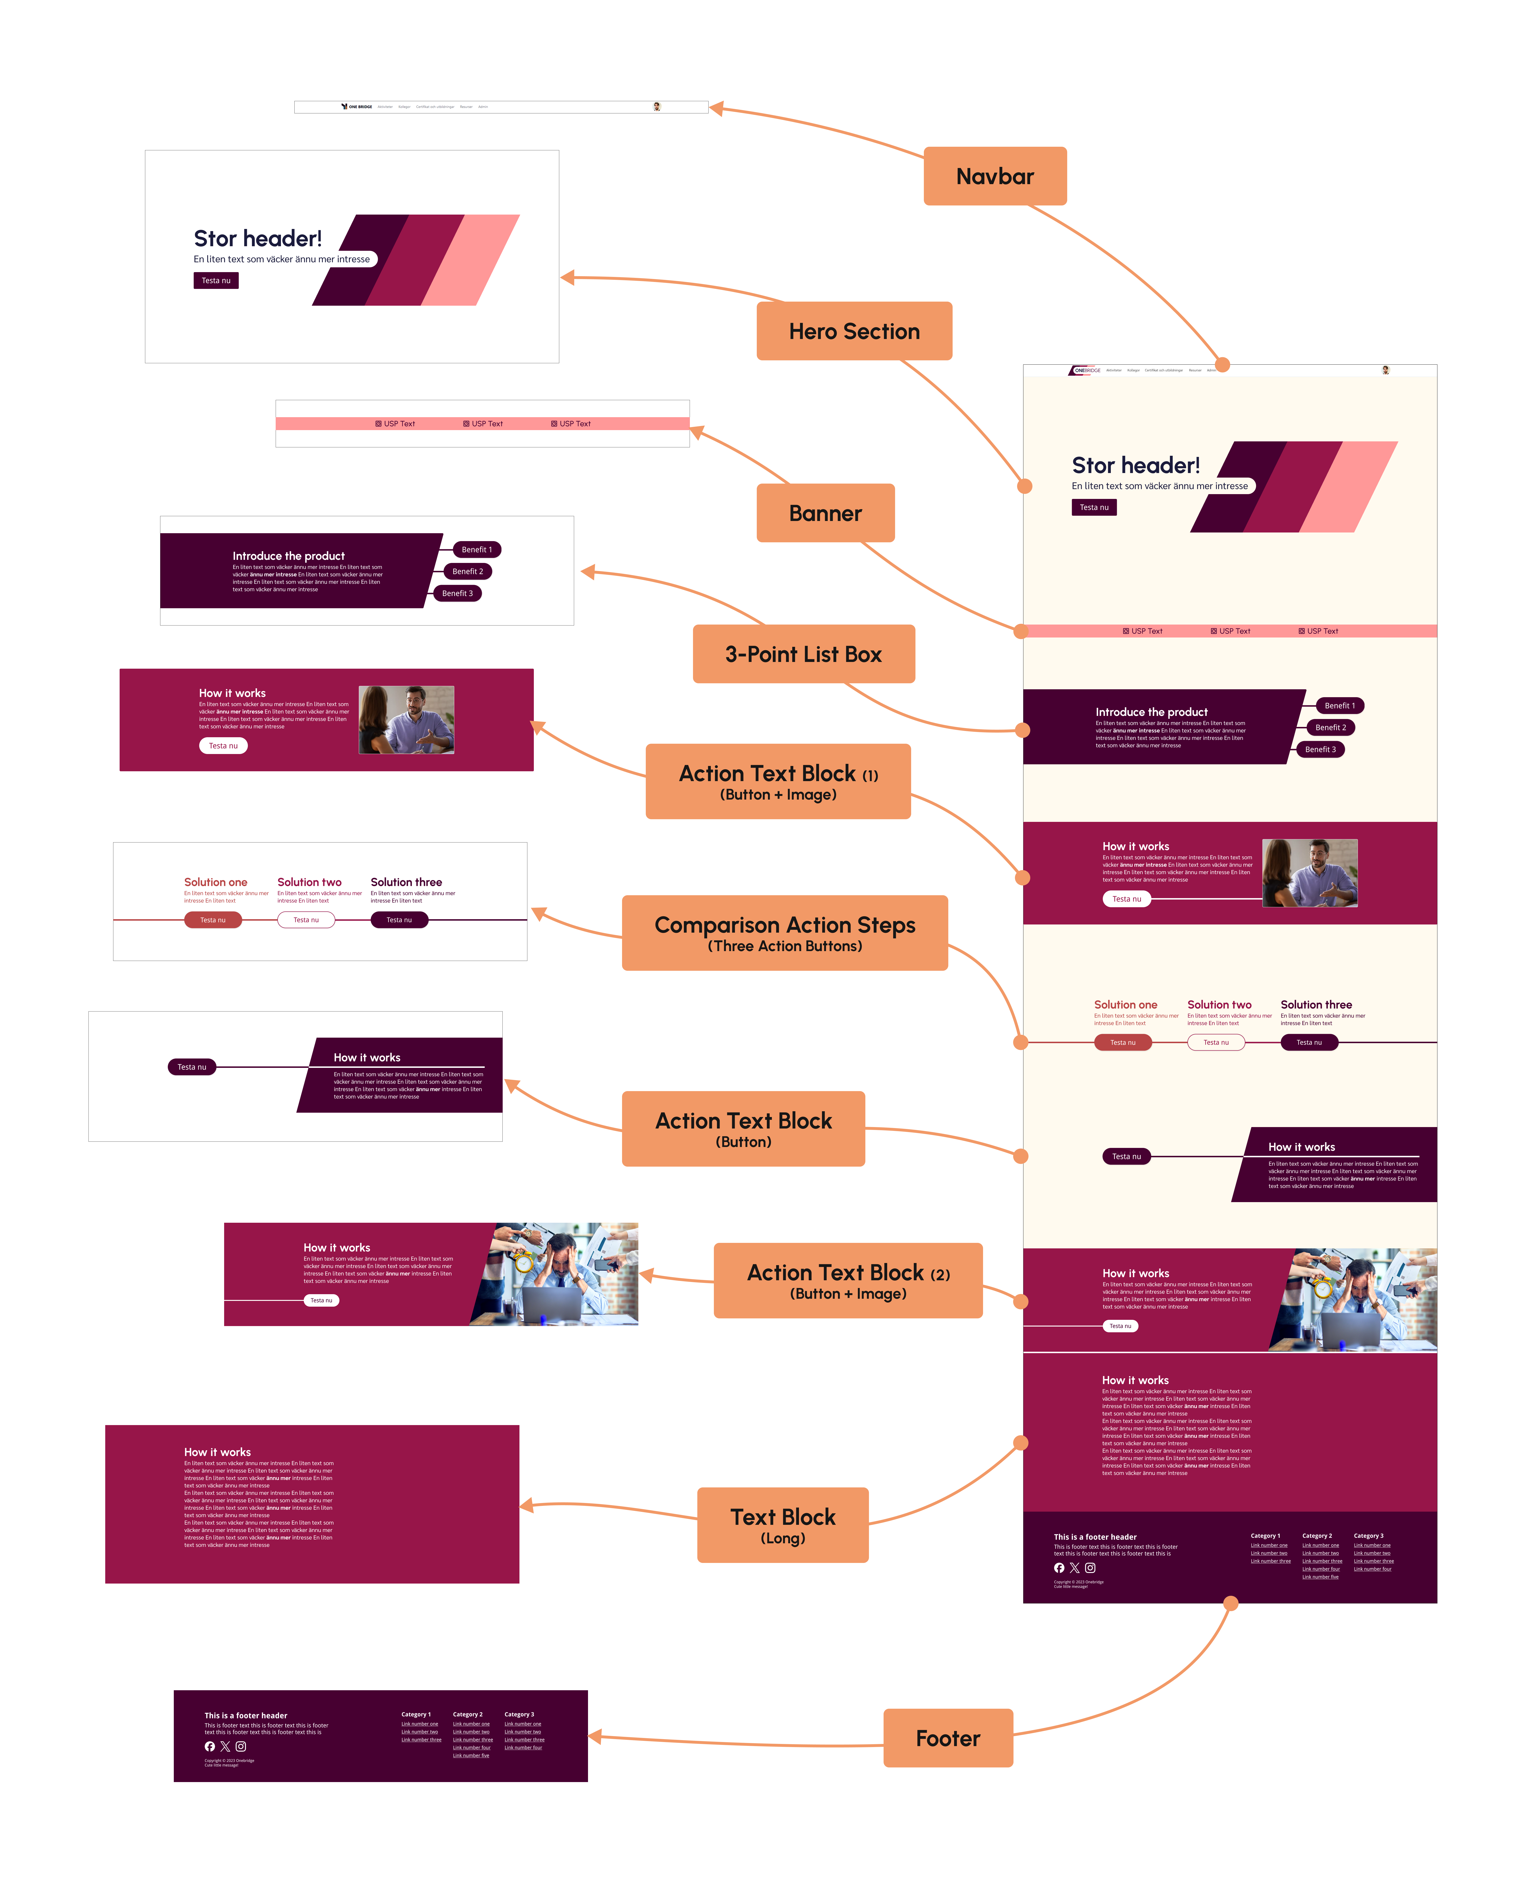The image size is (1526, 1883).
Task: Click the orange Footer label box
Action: pos(948,1738)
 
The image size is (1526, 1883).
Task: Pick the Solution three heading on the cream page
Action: pos(1316,1005)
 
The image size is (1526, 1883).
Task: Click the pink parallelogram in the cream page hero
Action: pos(1349,486)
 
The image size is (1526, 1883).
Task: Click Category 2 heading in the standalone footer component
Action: pos(468,1714)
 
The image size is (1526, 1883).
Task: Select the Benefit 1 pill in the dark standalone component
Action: pos(477,550)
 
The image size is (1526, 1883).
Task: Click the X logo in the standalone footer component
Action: pos(225,1747)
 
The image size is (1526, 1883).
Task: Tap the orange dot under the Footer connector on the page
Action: pos(1231,1603)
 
